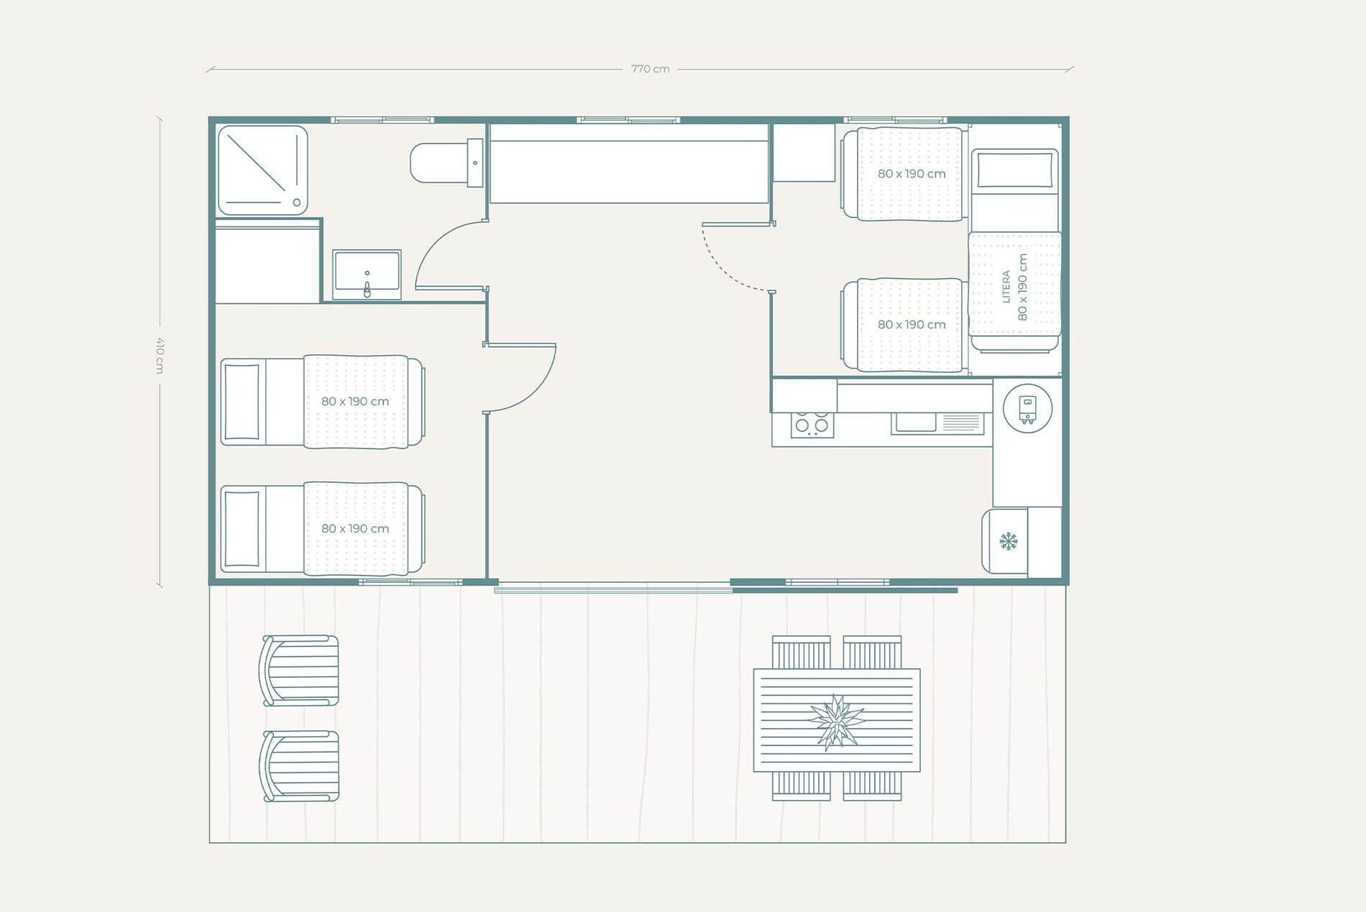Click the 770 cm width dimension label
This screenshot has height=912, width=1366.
tap(650, 69)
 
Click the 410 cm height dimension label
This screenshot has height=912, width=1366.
tap(160, 355)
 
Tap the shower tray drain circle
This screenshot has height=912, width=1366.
tap(296, 203)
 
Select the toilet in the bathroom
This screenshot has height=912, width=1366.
tap(446, 163)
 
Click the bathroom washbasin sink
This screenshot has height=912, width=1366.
tap(367, 275)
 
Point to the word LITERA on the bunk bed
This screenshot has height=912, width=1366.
tap(1007, 287)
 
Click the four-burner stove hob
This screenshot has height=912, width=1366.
tap(812, 424)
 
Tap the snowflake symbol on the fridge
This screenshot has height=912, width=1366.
tap(1009, 541)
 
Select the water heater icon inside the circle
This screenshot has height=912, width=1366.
tap(1027, 409)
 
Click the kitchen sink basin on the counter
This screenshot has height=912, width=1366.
tap(915, 423)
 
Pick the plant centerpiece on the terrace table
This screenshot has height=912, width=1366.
tap(836, 721)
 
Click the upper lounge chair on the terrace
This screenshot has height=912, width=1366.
tap(300, 670)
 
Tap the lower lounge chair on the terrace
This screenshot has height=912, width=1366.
tap(300, 766)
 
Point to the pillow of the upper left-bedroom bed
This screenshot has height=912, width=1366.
tap(242, 402)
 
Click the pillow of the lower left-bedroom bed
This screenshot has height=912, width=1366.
tap(242, 530)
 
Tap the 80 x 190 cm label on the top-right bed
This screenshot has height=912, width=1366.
tap(911, 174)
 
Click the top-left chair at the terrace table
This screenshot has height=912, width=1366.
tap(801, 652)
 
